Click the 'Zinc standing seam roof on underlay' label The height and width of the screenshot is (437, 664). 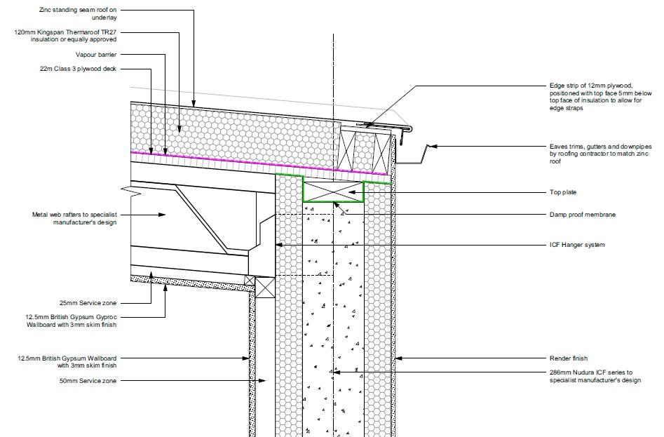[x=78, y=13]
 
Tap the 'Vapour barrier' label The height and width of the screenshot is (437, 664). [x=96, y=55]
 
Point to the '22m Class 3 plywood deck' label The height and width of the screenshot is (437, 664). [x=79, y=69]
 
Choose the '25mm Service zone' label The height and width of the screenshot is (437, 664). [x=88, y=303]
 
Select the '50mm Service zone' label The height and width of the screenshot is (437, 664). [x=88, y=381]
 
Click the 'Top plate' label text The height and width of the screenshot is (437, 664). [x=563, y=192]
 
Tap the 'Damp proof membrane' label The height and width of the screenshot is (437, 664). [x=582, y=215]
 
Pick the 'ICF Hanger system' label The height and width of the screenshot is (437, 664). [x=577, y=245]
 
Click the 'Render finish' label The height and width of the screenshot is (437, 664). [x=569, y=358]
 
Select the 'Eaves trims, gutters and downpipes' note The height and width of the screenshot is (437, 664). [x=600, y=154]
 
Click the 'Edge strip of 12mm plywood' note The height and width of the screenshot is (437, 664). [x=600, y=97]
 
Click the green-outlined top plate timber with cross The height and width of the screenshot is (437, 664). [x=333, y=191]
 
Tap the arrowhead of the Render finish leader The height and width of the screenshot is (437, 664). [x=398, y=358]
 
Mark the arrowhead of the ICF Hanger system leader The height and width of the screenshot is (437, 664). [x=278, y=245]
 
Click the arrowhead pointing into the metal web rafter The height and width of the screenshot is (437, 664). [x=162, y=215]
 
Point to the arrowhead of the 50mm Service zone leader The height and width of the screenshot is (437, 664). [x=262, y=381]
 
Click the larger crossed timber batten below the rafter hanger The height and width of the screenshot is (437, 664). [x=265, y=287]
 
